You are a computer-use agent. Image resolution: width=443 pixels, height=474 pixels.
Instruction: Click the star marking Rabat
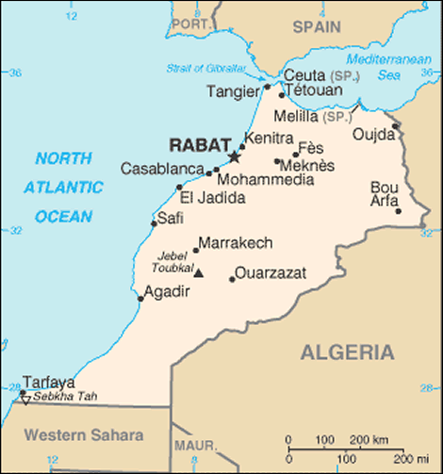click(x=235, y=155)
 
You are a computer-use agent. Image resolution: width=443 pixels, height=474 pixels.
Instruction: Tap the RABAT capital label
click(x=195, y=146)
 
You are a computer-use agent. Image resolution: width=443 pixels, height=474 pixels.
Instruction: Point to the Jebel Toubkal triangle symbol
click(x=199, y=272)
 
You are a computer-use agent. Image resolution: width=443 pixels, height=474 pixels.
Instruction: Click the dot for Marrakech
click(x=196, y=250)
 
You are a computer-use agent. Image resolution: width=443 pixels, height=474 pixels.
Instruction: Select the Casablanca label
click(x=161, y=169)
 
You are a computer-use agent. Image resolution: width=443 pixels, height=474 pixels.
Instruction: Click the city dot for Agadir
click(x=141, y=299)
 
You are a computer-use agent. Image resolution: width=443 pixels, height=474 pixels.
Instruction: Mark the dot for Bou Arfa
click(x=399, y=210)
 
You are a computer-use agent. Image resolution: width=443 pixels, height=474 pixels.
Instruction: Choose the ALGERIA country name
click(x=347, y=352)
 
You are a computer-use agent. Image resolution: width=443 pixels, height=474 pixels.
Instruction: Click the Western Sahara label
click(x=83, y=434)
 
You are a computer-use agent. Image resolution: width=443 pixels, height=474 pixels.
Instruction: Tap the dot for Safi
click(x=154, y=223)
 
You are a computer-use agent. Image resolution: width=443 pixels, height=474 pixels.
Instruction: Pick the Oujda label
click(x=373, y=135)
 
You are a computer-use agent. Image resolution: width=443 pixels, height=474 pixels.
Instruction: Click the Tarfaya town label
click(x=48, y=382)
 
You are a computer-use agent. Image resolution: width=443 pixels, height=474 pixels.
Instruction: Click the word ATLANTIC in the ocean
click(x=64, y=187)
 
